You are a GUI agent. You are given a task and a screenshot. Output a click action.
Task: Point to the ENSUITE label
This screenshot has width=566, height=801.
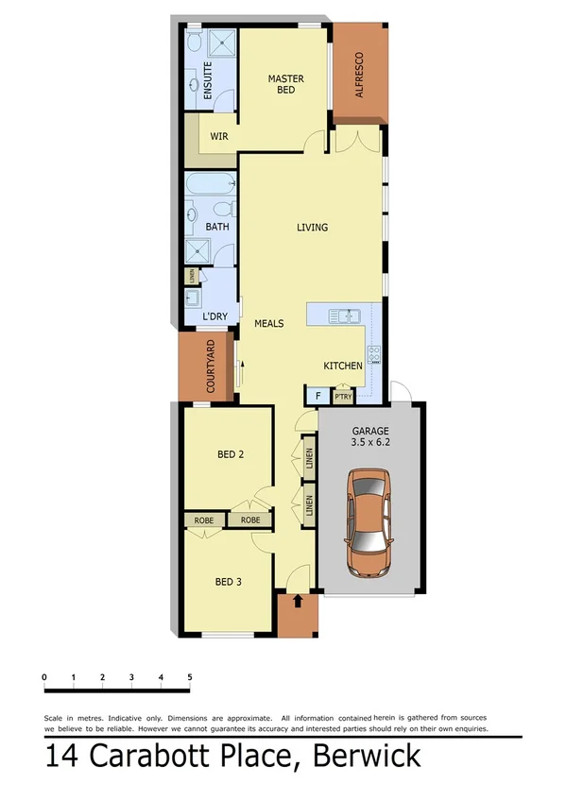click(x=208, y=82)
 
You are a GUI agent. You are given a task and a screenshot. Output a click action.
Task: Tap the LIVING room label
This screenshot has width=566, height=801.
click(x=312, y=228)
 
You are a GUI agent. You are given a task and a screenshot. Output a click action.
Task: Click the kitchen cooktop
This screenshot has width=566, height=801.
click(x=374, y=355)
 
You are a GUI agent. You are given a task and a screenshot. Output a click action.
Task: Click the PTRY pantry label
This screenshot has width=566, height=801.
click(x=342, y=397)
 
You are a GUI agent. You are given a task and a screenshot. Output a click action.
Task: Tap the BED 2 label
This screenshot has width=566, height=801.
click(x=231, y=454)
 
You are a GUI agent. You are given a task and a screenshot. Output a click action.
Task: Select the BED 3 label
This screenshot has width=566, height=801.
click(x=228, y=582)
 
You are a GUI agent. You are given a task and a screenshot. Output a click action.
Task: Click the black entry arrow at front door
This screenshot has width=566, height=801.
click(x=299, y=600)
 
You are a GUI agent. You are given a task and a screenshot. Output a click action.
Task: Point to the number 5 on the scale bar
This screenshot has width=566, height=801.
click(x=190, y=677)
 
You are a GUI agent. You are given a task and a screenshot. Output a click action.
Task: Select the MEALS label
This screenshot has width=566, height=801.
click(x=269, y=323)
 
